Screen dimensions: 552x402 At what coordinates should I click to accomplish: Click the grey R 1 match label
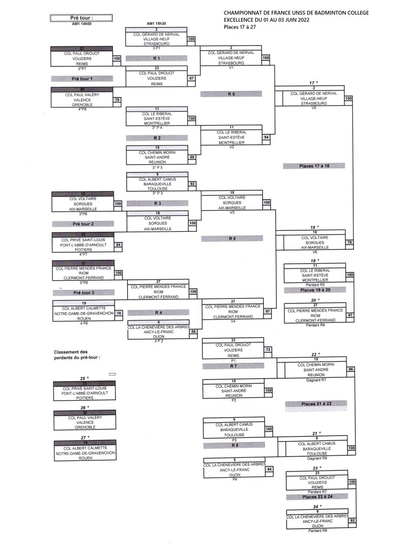pos(156,58)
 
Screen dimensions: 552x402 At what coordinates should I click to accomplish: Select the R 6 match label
pos(231,238)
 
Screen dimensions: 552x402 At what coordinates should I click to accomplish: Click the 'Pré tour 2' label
pos(83,223)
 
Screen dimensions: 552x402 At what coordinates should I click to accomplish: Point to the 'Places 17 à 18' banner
pos(314,165)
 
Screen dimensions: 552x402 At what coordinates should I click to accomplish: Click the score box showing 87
pos(191,78)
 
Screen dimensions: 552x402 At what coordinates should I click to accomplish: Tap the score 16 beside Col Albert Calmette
pos(119,313)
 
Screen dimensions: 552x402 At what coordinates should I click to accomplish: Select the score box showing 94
pos(266,137)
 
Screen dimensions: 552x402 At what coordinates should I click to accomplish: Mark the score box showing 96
pos(351,369)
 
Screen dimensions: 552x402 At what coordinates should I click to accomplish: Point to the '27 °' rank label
pos(83,437)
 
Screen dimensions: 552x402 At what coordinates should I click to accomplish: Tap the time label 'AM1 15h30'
pos(156,23)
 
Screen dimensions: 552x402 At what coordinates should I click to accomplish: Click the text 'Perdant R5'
pos(315,284)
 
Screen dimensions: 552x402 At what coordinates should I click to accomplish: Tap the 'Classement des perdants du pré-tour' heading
pos(78,354)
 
